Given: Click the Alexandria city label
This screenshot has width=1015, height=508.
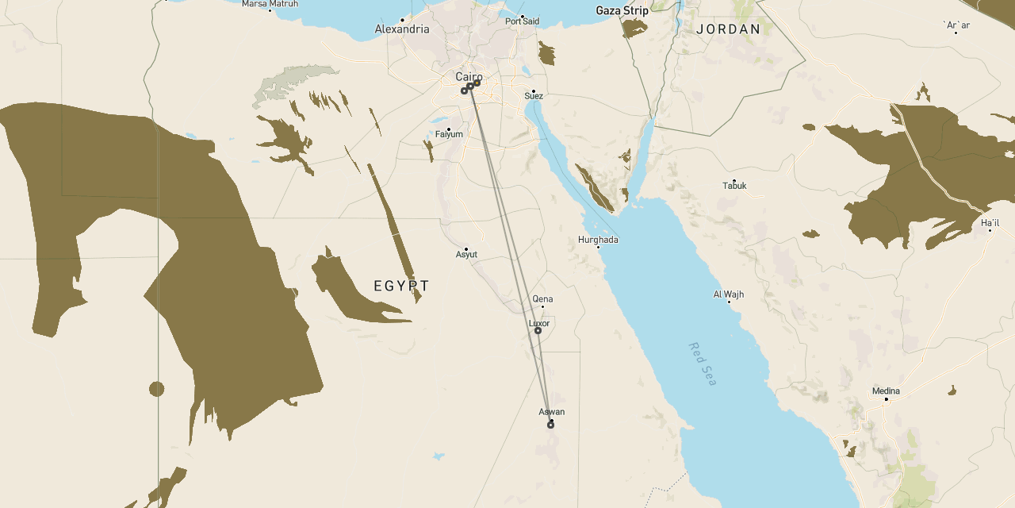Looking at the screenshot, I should tap(402, 29).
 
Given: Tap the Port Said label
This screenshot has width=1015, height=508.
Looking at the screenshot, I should tap(523, 21).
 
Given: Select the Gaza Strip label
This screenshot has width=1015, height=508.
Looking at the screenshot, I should tap(622, 11).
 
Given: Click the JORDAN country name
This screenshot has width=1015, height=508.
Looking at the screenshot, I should tap(728, 29).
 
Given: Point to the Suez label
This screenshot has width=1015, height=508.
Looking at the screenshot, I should tap(534, 97).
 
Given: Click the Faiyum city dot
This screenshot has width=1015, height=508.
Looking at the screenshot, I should tap(449, 129).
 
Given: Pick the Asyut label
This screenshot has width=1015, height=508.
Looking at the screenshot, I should tap(466, 255).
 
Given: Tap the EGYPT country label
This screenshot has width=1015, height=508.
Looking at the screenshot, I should tap(401, 286).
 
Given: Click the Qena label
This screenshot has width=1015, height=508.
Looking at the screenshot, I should tap(543, 299).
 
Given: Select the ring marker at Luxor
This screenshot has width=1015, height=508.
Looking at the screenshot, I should tap(538, 331).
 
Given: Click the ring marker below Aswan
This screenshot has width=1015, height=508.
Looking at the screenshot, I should tap(550, 425).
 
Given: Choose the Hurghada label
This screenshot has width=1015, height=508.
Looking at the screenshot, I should tap(598, 240).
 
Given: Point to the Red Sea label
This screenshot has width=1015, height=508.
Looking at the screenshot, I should tap(703, 364).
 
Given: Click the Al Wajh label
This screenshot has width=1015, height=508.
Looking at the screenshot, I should tap(729, 294).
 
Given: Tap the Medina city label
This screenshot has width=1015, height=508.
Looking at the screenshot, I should tap(886, 391).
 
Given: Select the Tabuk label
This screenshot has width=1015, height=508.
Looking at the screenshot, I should tap(734, 186).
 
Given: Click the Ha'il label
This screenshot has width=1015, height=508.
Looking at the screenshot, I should tap(990, 223).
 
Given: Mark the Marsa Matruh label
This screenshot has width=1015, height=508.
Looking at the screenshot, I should tap(270, 4).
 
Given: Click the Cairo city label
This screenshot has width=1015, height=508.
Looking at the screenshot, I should tap(468, 76).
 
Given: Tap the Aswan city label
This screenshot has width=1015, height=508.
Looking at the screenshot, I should tap(552, 412).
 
